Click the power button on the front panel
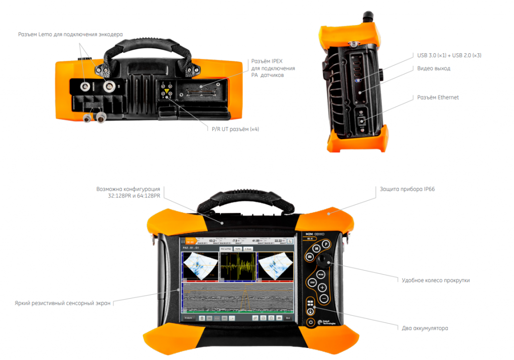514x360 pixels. [x=311, y=322]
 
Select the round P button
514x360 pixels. [x=325, y=244]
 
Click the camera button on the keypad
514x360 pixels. [x=310, y=257]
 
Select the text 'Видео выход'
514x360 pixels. [x=434, y=68]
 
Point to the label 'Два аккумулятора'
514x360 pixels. [x=425, y=328]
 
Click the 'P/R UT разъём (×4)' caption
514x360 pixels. [x=236, y=130]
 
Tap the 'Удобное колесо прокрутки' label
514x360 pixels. [x=436, y=280]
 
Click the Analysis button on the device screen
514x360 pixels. [x=189, y=318]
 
